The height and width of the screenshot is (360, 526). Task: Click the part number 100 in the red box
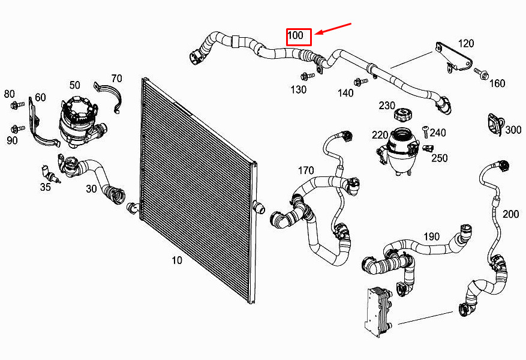[296, 35]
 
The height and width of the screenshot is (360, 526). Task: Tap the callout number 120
[466, 43]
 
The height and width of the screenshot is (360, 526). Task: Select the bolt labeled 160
[480, 73]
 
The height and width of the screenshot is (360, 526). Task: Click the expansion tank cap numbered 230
[402, 115]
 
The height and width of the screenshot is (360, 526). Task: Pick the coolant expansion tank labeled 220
[398, 151]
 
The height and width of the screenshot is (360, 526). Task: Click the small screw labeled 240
[425, 131]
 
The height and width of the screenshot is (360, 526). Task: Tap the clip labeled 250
[428, 148]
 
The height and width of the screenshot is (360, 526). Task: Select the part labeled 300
[495, 125]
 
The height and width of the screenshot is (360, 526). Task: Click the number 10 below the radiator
[177, 260]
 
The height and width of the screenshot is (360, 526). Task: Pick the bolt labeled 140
[360, 81]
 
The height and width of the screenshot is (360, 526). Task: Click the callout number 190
[431, 236]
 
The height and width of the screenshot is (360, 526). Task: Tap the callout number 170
[306, 170]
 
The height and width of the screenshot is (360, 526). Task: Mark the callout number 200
[510, 214]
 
